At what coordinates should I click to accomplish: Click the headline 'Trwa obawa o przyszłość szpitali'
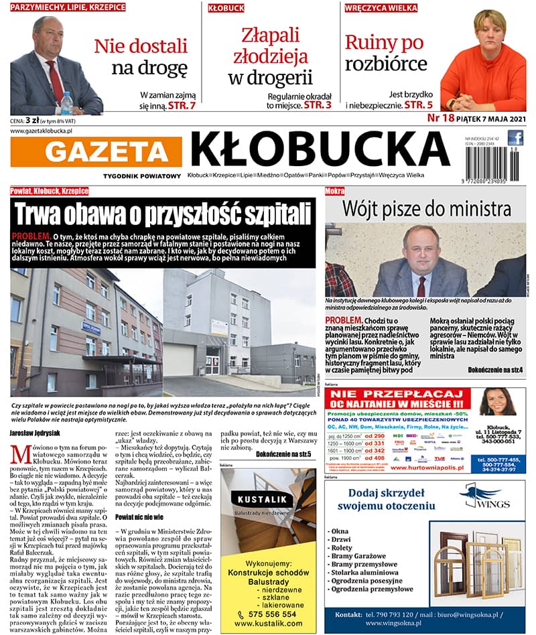[164, 214]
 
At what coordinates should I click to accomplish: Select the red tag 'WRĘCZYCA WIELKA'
[381, 8]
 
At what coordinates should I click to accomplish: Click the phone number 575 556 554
[270, 614]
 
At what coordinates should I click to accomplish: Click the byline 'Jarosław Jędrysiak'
[39, 433]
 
